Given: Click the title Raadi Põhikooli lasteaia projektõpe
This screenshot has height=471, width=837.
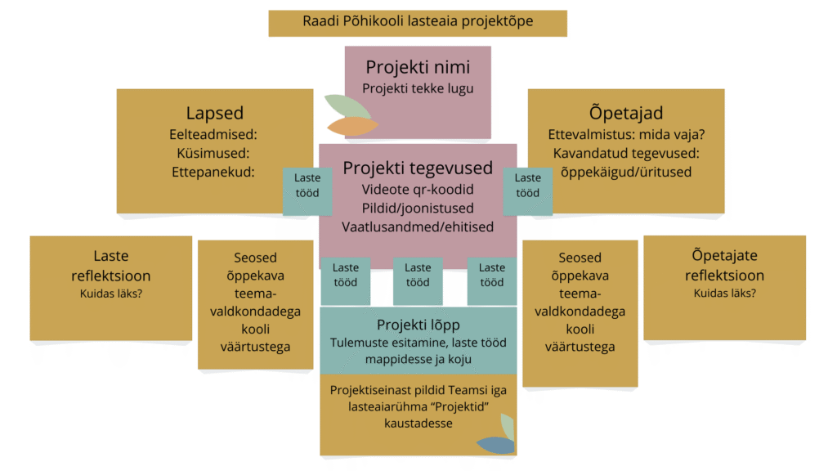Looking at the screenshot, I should pyautogui.click(x=418, y=21).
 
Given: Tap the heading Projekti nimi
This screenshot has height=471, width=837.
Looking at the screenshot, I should pyautogui.click(x=417, y=67).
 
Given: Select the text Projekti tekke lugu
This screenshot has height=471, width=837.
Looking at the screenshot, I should pyautogui.click(x=417, y=88).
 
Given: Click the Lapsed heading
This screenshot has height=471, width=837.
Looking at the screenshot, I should pyautogui.click(x=214, y=114).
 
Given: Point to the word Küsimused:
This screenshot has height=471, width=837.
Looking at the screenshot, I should pyautogui.click(x=213, y=153).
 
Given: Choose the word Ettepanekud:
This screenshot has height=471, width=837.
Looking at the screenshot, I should pyautogui.click(x=213, y=172).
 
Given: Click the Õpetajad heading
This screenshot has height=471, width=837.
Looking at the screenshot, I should pyautogui.click(x=626, y=114).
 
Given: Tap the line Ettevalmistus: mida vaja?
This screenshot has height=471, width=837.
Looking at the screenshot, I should pyautogui.click(x=626, y=134).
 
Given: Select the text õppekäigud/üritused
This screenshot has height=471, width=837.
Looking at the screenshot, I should pyautogui.click(x=626, y=172).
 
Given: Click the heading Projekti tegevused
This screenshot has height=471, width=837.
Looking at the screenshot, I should pyautogui.click(x=418, y=168).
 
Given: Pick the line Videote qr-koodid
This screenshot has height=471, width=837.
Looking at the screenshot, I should pyautogui.click(x=418, y=190).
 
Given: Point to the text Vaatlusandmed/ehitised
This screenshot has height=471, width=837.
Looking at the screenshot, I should pyautogui.click(x=418, y=227).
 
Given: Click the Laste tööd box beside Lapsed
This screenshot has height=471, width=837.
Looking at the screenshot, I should pyautogui.click(x=307, y=186).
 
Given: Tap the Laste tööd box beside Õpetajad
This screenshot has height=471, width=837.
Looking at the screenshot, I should pyautogui.click(x=527, y=186).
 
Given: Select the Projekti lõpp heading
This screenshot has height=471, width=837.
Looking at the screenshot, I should pyautogui.click(x=418, y=325).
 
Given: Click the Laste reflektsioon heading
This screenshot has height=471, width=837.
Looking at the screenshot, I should pyautogui.click(x=110, y=266).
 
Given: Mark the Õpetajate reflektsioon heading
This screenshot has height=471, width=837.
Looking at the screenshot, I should pyautogui.click(x=724, y=266).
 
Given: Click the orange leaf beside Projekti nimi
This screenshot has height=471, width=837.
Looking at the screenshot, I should pyautogui.click(x=353, y=126).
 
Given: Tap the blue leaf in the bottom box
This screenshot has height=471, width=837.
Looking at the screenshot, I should pyautogui.click(x=495, y=445).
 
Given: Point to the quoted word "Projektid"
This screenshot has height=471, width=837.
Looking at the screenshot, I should pyautogui.click(x=470, y=407).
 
